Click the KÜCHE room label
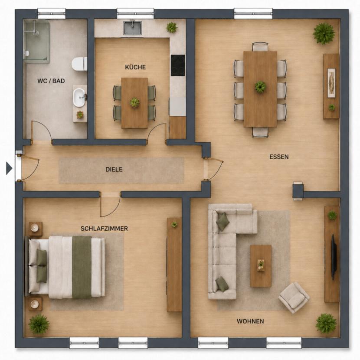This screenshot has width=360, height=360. point(135,67)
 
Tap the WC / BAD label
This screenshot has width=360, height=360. point(51,81)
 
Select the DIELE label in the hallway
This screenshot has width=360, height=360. point(114,170)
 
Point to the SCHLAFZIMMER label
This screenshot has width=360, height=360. point(104,229)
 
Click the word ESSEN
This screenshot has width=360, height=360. point(279,157)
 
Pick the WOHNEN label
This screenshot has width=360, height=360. point(250,321)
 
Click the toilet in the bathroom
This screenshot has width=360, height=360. point(79,64)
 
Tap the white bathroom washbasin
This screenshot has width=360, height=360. point(79,98)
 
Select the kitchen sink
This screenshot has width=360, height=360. point(133,28)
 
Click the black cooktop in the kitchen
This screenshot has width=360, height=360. point(178,65)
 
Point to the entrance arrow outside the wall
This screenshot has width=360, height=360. point(9,168)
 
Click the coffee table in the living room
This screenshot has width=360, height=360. point(261,266)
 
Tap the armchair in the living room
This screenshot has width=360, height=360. point(294,298)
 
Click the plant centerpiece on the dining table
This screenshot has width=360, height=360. point(260,87)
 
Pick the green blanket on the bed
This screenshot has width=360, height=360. point(82,267)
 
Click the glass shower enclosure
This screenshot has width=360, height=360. point(36,41)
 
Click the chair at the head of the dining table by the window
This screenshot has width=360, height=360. point(260,46)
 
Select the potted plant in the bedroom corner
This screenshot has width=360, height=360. point(39,324)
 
